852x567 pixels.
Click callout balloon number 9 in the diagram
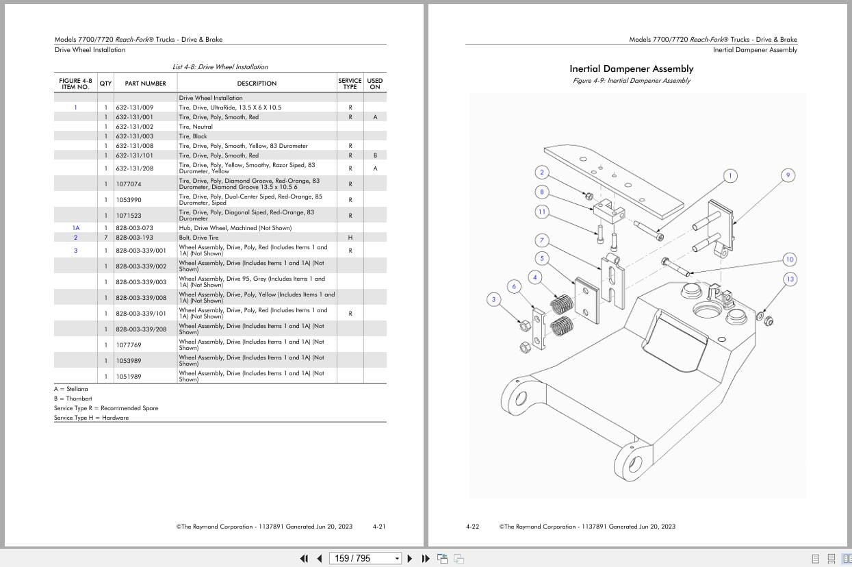(x=788, y=176)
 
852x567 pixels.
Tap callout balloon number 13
(x=790, y=279)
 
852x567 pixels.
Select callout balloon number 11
(x=542, y=212)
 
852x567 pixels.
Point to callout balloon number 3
(x=493, y=299)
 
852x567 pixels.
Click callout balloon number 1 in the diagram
(x=730, y=176)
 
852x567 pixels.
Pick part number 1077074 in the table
(x=129, y=184)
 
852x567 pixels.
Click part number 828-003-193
(x=134, y=238)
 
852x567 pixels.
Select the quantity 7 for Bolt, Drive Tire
(x=105, y=238)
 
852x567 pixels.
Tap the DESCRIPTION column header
(x=257, y=84)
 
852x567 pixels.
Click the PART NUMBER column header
(x=145, y=84)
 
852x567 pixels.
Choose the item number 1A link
(x=76, y=228)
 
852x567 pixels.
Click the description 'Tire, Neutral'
(x=196, y=127)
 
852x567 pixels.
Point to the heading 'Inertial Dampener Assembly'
(x=631, y=68)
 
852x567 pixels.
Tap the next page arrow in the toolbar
(x=410, y=558)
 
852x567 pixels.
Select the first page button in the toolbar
(x=304, y=558)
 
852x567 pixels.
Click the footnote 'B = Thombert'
(x=73, y=399)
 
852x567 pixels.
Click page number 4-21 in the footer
(x=379, y=527)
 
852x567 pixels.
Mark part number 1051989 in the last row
(x=129, y=377)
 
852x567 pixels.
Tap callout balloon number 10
(x=790, y=260)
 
